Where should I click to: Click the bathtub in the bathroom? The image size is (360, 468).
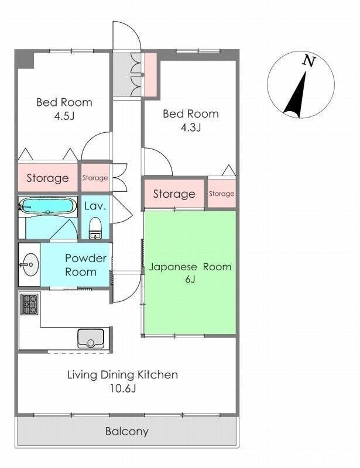(x=48, y=205)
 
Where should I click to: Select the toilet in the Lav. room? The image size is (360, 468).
(x=95, y=228)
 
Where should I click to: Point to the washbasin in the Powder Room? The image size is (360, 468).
(x=30, y=264)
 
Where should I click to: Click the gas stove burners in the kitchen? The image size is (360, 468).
(x=30, y=304)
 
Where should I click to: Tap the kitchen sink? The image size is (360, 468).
(x=91, y=338)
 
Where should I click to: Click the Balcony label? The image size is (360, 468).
(x=127, y=431)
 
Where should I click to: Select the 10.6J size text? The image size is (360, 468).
(x=123, y=388)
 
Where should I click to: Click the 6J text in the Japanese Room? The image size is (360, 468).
(x=190, y=280)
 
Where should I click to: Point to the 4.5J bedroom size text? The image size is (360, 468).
(x=64, y=116)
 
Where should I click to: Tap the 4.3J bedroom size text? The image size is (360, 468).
(x=191, y=127)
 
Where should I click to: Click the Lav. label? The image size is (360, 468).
(x=95, y=206)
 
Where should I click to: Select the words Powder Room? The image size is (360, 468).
(x=85, y=265)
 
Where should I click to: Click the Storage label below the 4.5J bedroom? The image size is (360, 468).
(x=48, y=178)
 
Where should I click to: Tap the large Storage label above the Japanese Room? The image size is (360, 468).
(x=174, y=194)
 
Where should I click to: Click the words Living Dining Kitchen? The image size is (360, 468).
(x=122, y=375)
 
